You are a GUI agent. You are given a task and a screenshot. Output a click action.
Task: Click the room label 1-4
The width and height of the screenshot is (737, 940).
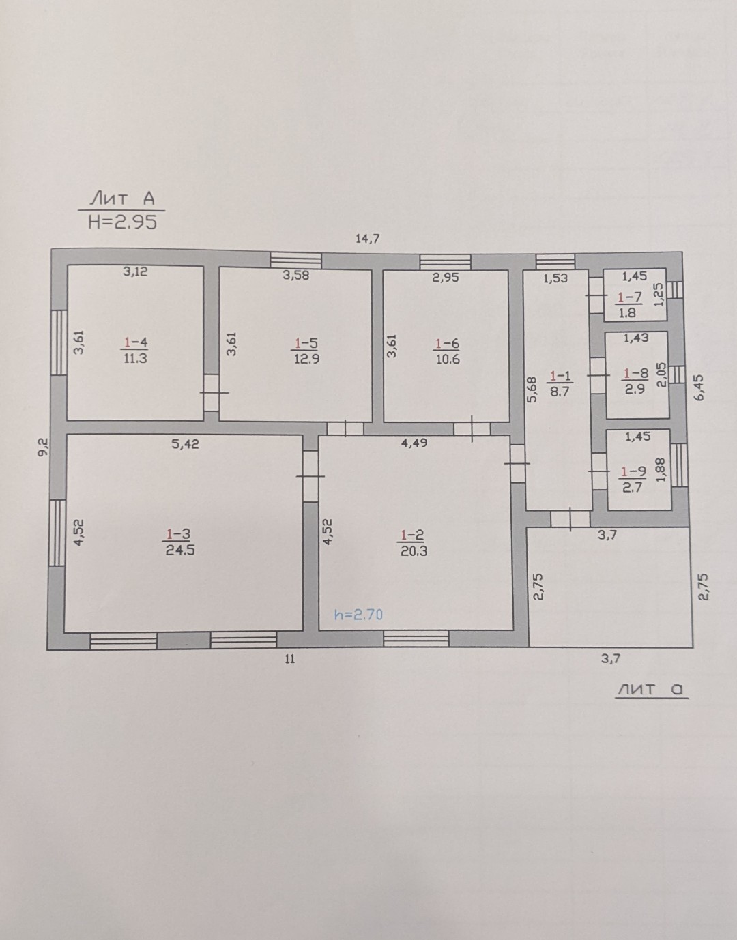click(x=136, y=343)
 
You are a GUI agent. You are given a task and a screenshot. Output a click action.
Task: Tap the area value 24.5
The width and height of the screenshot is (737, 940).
click(x=180, y=550)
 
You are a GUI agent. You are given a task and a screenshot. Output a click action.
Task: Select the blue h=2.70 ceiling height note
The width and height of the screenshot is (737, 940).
click(x=358, y=615)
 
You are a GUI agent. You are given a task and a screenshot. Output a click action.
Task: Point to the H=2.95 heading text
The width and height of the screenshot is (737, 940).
click(x=122, y=223)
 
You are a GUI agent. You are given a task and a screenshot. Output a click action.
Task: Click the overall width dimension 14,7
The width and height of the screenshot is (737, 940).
click(x=367, y=238)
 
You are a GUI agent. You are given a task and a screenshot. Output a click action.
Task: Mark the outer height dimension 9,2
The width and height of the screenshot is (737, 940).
click(x=44, y=447)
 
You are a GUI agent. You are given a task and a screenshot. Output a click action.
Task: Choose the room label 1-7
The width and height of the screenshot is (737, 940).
click(x=630, y=297)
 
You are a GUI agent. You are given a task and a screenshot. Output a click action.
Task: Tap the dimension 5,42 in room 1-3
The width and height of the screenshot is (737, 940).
click(x=185, y=444)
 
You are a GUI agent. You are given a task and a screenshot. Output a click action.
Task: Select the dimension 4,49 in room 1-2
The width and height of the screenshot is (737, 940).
click(x=414, y=443)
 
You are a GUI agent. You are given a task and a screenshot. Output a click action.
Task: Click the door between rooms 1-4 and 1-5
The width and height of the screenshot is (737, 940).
click(x=212, y=393)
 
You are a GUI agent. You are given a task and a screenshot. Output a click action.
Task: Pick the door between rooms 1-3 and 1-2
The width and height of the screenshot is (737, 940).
click(x=310, y=476)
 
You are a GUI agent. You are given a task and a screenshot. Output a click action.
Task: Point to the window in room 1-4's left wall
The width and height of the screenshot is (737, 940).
click(x=59, y=342)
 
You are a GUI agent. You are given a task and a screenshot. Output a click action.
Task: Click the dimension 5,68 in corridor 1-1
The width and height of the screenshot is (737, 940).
click(x=532, y=390)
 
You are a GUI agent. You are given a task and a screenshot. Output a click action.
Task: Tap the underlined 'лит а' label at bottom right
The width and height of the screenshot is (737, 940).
click(x=651, y=689)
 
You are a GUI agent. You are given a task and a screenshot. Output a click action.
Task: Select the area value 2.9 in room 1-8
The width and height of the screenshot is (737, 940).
click(x=635, y=389)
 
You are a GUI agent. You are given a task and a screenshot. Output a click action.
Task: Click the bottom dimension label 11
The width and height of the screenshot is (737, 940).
click(x=290, y=659)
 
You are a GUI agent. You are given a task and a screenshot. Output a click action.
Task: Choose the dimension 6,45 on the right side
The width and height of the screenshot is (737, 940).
click(x=699, y=387)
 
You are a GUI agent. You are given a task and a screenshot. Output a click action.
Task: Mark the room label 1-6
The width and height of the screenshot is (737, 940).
click(x=448, y=344)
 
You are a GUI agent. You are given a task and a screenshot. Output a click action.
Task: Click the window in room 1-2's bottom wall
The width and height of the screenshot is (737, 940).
click(x=416, y=638)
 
